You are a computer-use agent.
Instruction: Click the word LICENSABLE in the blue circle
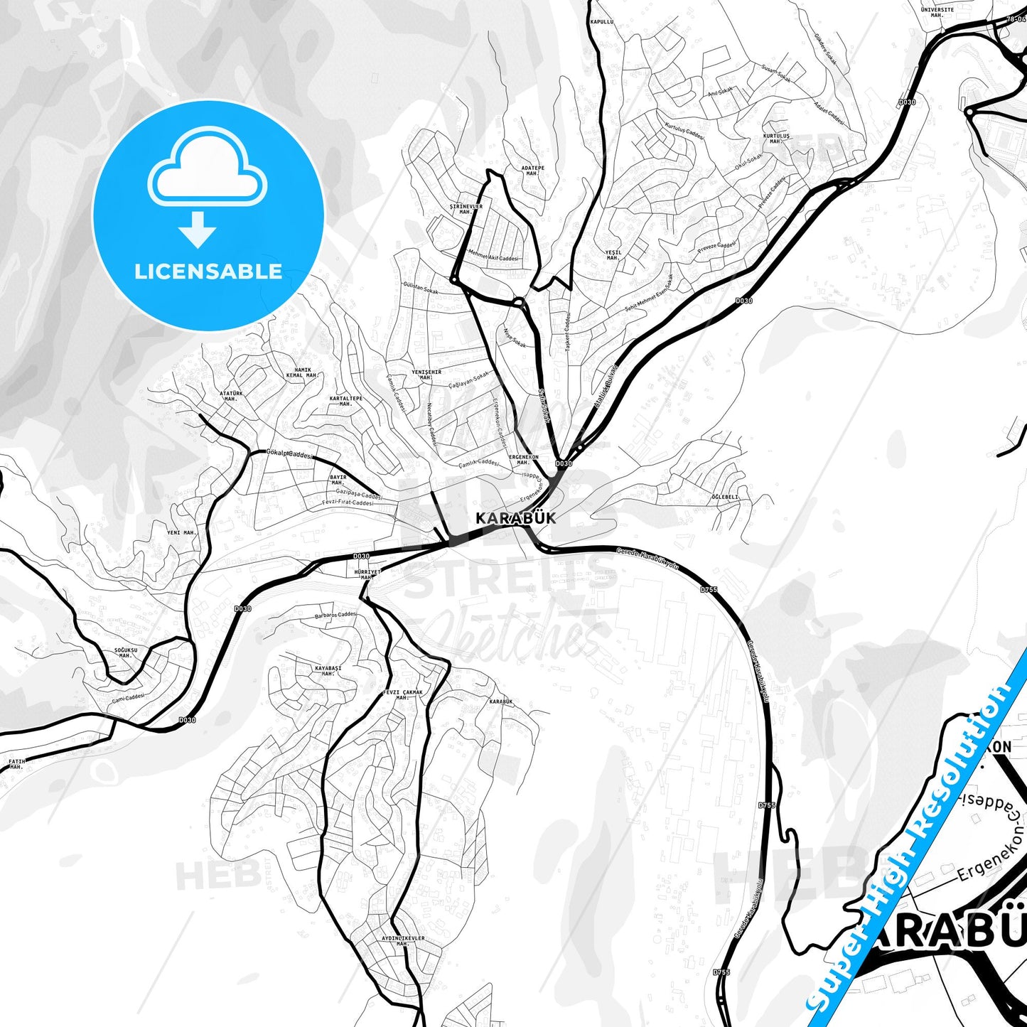pyautogui.click(x=208, y=271)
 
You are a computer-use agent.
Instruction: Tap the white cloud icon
pyautogui.click(x=208, y=171)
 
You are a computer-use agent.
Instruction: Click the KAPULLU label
pyautogui.click(x=601, y=22)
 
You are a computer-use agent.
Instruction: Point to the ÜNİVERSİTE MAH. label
pyautogui.click(x=937, y=13)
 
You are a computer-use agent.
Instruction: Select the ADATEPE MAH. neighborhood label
pyautogui.click(x=532, y=171)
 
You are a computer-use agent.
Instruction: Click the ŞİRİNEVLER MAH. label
pyautogui.click(x=466, y=209)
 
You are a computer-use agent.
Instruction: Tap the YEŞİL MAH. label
pyautogui.click(x=613, y=254)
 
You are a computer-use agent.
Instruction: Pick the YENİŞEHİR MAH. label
pyautogui.click(x=426, y=375)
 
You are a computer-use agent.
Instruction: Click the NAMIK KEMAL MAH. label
pyautogui.click(x=301, y=373)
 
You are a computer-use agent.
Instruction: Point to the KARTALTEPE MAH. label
pyautogui.click(x=346, y=401)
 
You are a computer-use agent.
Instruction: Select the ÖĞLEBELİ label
pyautogui.click(x=726, y=498)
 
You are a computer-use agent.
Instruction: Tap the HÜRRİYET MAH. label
pyautogui.click(x=367, y=574)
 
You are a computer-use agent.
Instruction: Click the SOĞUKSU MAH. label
pyautogui.click(x=125, y=652)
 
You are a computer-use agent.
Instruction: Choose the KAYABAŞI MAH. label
pyautogui.click(x=328, y=670)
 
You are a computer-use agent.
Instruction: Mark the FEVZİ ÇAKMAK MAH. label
pyautogui.click(x=403, y=694)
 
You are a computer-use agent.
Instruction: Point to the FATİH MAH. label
pyautogui.click(x=16, y=764)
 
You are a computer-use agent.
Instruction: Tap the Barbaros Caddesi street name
pyautogui.click(x=335, y=615)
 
